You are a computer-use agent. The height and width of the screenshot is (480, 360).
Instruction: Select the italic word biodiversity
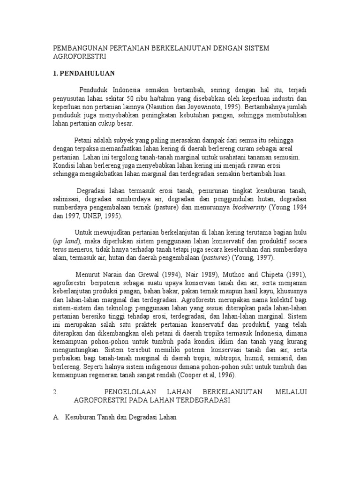pos(250,208)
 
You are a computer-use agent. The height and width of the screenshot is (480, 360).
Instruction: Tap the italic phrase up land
pos(67,241)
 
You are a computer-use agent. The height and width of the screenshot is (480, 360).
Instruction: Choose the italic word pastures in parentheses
pos(216,258)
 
